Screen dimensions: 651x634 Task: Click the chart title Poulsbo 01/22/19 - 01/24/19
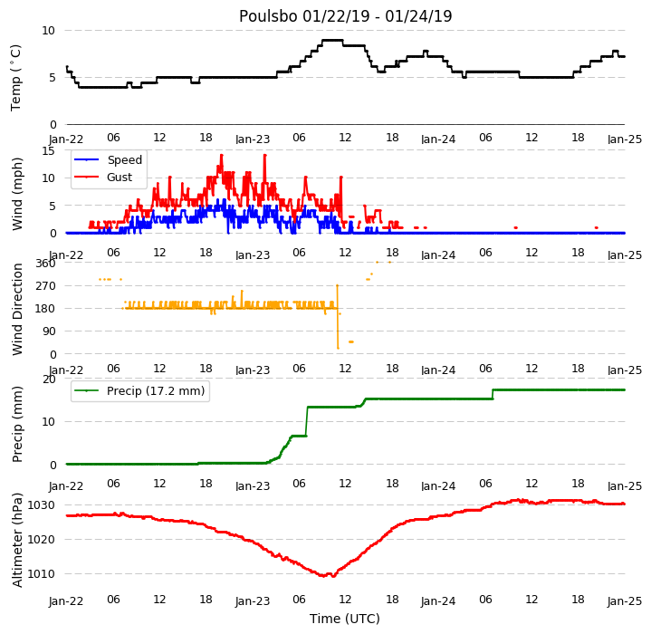[x=345, y=16]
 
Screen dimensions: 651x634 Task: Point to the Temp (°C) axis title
[x=15, y=78]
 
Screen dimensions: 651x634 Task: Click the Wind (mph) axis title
[x=17, y=194]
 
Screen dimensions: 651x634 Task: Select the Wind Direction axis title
[x=17, y=310]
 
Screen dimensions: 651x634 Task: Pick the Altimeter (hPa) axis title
[x=17, y=540]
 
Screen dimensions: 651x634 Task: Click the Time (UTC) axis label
[x=345, y=619]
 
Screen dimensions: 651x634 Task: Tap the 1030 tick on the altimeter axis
[x=41, y=505]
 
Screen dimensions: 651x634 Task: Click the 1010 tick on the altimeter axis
[x=41, y=574]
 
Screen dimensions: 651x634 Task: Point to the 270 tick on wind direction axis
[x=46, y=286]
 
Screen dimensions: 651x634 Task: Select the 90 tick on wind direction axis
[x=50, y=331]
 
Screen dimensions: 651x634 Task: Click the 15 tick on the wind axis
[x=49, y=150]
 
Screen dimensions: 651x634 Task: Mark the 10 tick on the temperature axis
[x=49, y=31]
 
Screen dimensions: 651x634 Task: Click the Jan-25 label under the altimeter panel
[x=625, y=601]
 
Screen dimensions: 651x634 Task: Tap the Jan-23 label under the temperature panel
[x=253, y=139]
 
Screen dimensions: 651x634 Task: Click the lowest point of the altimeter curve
[x=333, y=576]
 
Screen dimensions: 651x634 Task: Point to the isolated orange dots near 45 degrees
[x=351, y=341]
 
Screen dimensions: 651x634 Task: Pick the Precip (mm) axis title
[x=17, y=425]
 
